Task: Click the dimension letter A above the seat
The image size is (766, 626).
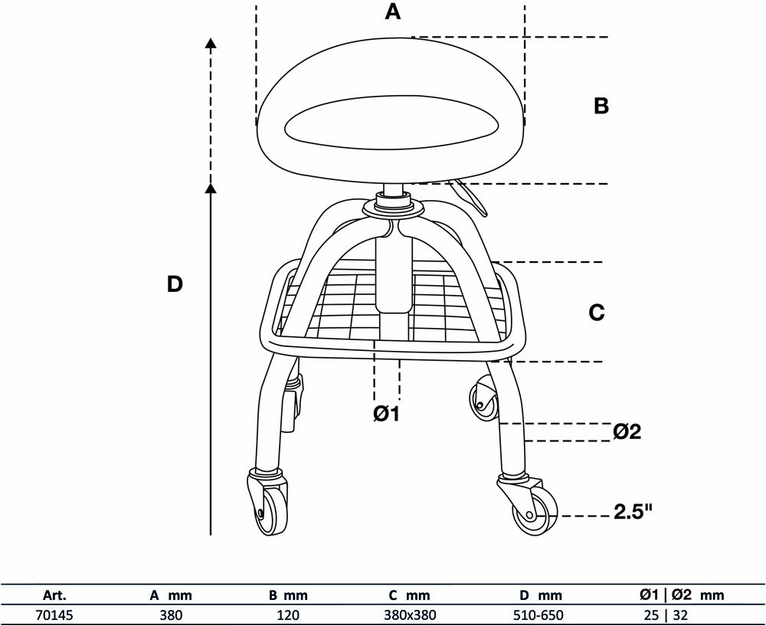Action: (393, 11)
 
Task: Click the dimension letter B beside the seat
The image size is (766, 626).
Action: (601, 106)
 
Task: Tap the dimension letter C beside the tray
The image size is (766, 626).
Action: (597, 313)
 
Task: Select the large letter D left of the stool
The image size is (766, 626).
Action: (175, 284)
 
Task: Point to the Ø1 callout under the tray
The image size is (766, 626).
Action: (386, 414)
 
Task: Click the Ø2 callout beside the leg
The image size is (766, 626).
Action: (627, 431)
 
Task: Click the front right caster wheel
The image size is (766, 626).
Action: (534, 513)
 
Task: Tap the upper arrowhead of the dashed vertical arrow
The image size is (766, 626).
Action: (211, 43)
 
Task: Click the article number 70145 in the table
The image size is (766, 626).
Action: (54, 615)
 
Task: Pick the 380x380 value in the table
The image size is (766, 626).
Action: (410, 615)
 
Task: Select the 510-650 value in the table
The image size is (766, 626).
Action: (538, 615)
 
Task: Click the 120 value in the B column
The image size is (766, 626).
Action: (288, 615)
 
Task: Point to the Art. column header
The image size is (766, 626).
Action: (54, 595)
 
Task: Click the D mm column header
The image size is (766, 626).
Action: (540, 595)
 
